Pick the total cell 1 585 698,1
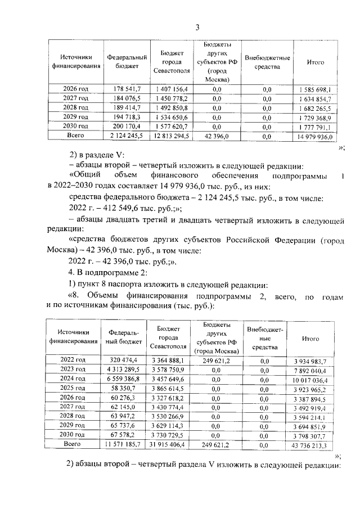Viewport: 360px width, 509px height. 312,89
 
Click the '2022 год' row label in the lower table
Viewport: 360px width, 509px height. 73,360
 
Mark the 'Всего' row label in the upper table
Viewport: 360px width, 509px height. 76,136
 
